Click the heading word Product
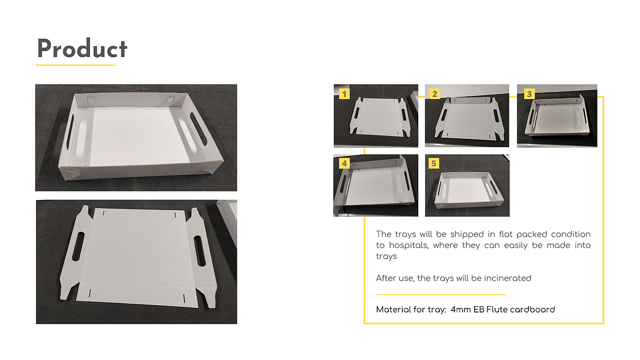82,48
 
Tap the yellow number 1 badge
344,94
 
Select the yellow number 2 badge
435,94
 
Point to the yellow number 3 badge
529,94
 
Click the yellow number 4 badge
344,163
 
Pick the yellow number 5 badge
434,163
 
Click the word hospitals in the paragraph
409,245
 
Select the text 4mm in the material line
461,309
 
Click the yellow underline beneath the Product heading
76,65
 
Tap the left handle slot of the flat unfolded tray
78,246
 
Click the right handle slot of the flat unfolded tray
200,251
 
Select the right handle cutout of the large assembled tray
198,128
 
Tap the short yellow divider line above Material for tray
441,294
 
